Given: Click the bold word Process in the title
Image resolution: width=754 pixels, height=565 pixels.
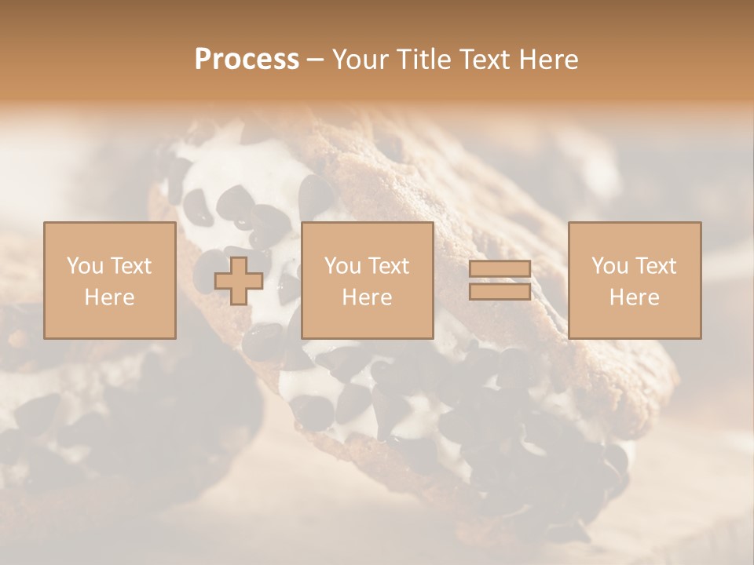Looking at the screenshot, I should pos(247,60).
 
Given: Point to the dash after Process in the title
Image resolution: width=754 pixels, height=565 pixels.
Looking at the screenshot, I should pos(316,60).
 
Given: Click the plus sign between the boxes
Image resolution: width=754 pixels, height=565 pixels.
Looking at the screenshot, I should pos(239,281).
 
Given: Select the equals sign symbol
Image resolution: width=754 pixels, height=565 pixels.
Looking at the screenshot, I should pos(500,280).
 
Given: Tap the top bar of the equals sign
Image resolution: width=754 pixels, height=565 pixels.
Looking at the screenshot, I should pos(500,269).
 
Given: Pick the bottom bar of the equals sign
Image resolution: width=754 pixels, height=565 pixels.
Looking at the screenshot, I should pos(500,291).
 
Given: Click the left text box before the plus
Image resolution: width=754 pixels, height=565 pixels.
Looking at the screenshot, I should pos(109,281).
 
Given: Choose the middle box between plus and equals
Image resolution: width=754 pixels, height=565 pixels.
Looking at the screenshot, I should pos(367,281).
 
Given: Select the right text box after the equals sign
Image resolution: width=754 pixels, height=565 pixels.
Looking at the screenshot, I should pos(634,281).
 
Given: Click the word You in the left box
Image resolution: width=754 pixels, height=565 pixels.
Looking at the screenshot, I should pos(84,266).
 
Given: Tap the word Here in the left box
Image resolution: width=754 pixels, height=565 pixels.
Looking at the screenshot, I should pos(109,297).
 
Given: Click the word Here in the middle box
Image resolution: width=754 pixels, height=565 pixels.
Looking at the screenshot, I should pos(367,297).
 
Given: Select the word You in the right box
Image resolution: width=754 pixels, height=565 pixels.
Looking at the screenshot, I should pos(609,266).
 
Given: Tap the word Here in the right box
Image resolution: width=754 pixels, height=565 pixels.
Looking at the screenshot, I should pos(634,297).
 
